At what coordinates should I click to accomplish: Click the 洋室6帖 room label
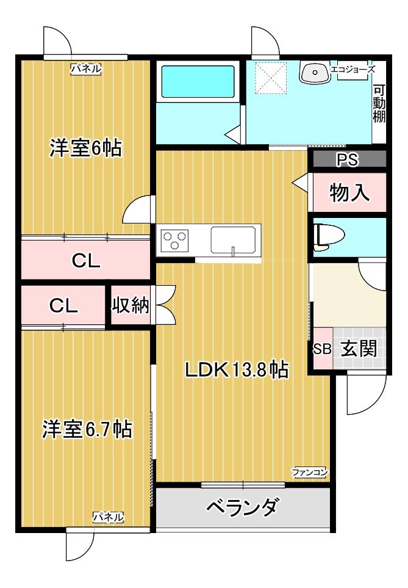[x=85, y=148]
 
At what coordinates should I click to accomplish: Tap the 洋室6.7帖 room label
[x=87, y=429]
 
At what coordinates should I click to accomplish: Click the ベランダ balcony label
[x=242, y=507]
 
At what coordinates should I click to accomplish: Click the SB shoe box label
[x=321, y=349]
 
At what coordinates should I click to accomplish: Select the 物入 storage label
[x=349, y=192]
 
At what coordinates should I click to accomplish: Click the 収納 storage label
[x=130, y=305]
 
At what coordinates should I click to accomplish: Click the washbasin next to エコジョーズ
[x=314, y=72]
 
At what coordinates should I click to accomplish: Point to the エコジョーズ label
[x=352, y=70]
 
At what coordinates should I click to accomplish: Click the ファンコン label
[x=310, y=471]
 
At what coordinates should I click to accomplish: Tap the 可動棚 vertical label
[x=379, y=103]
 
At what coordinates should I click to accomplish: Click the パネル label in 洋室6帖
[x=85, y=69]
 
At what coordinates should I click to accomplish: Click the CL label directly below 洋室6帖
[x=86, y=261]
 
